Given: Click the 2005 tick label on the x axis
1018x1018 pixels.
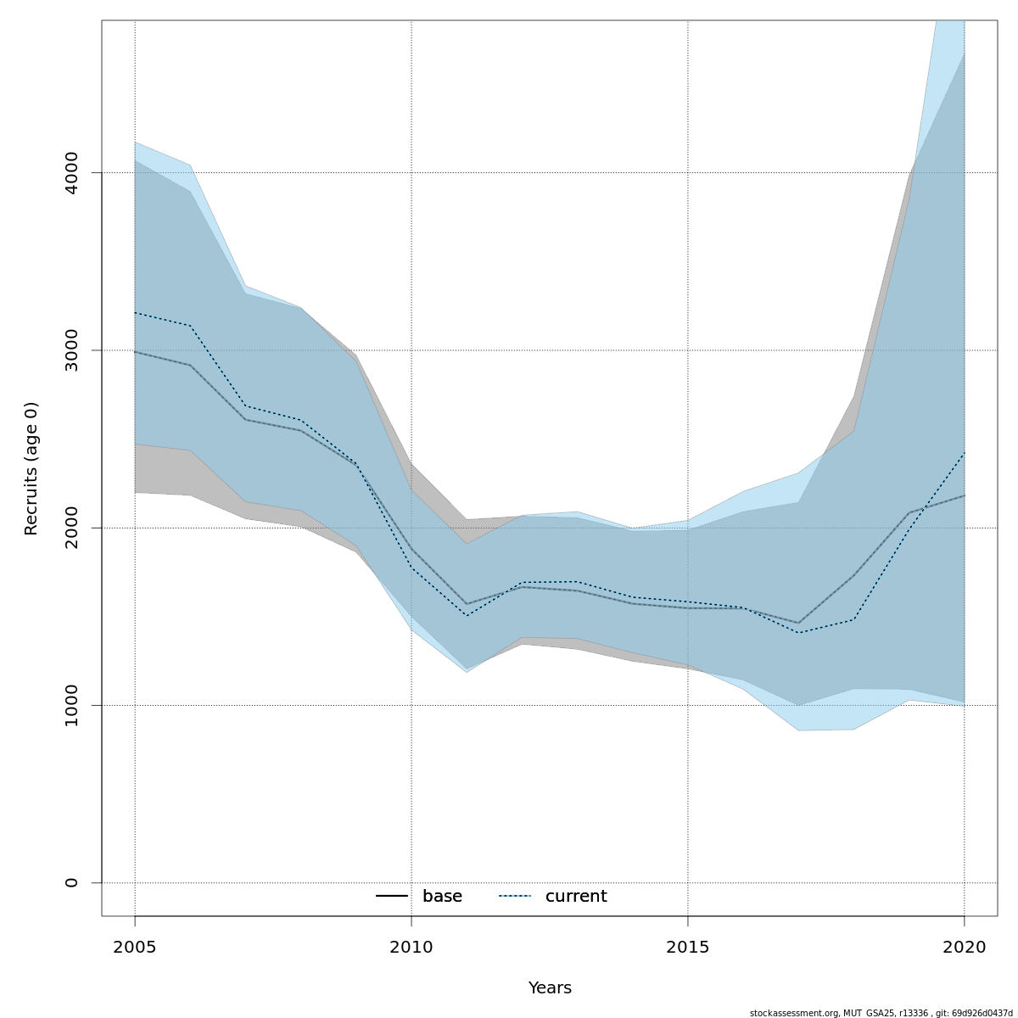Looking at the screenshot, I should coord(135,947).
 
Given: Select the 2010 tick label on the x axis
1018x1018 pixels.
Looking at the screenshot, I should coord(411,947).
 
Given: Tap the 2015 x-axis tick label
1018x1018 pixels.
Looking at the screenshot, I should coord(688,947).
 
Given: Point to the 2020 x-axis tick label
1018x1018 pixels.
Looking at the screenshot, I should coord(964,947).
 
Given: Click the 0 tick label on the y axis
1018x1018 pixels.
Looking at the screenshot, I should coord(71,883).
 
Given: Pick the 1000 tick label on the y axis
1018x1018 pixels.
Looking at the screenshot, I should coord(71,706).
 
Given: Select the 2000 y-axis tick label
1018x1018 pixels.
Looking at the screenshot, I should coord(71,528).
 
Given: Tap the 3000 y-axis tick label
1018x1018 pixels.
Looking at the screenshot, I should coord(71,350).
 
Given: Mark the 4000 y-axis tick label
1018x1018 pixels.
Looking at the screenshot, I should coord(71,173).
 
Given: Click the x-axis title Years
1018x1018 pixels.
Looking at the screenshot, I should coord(550,988).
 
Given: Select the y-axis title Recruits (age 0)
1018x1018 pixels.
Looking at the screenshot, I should coord(31,468).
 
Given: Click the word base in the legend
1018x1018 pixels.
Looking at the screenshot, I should coord(442,897).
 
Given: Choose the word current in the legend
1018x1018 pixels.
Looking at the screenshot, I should coord(576,897).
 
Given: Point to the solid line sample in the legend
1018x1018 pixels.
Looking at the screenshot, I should coord(393,897).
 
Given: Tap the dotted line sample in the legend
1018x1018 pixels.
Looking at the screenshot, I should coord(515,897).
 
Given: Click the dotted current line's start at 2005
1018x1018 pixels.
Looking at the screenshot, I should coord(136,313).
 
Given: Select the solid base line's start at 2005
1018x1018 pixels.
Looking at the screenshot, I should coord(136,351).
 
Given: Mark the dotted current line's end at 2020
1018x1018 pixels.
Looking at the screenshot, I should coord(964,453).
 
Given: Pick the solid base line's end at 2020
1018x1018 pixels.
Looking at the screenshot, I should coord(964,495).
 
